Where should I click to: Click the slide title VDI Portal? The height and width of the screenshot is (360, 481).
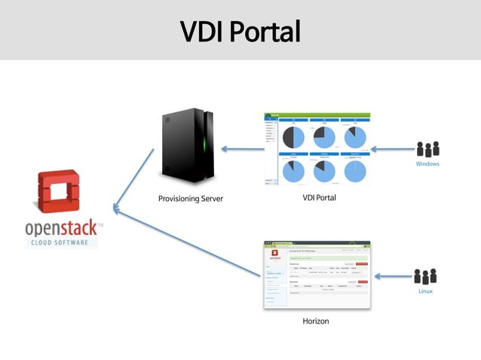(240, 32)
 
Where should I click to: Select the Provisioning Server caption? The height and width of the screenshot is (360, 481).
(191, 199)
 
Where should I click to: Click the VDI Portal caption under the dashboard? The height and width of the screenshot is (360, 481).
(318, 198)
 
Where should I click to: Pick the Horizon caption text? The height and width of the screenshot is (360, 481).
(315, 321)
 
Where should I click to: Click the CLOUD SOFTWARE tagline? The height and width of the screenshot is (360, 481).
(60, 243)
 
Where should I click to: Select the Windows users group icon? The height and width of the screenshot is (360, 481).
(427, 149)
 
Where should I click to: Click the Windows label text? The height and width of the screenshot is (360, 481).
(427, 163)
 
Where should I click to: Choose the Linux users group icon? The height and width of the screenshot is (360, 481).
(425, 276)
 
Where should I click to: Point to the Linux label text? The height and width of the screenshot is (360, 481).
(425, 291)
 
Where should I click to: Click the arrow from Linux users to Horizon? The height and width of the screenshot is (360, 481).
(392, 276)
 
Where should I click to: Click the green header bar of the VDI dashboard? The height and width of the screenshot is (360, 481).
(318, 115)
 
